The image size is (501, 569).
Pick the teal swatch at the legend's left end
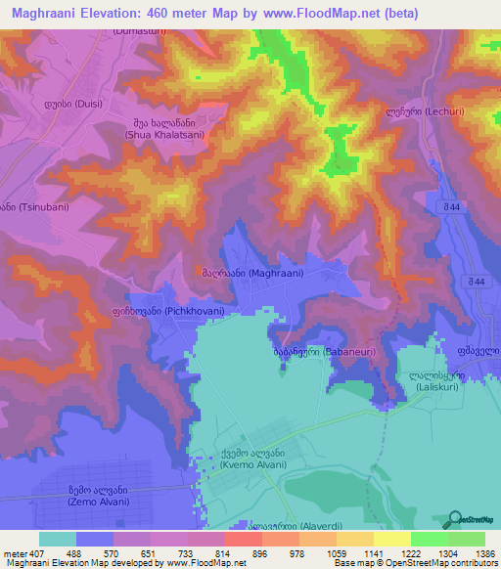[58, 539]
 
